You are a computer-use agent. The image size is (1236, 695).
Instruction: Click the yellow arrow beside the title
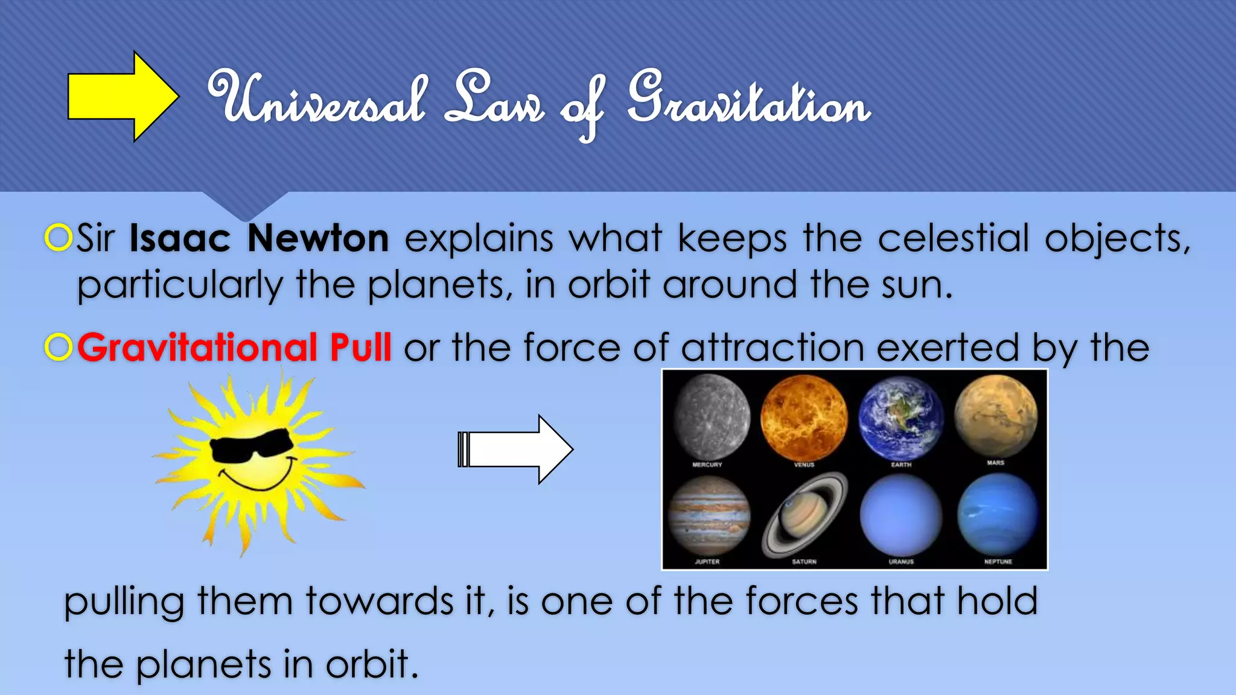(121, 97)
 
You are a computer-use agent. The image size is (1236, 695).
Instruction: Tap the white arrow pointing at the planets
(516, 449)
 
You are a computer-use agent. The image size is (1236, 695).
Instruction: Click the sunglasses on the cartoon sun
(252, 447)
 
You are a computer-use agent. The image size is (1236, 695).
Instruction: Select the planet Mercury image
(711, 416)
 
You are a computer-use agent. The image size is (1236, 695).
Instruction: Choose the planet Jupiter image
(709, 516)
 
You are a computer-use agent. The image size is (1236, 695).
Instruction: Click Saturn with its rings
(804, 515)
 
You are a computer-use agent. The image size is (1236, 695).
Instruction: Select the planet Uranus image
(900, 515)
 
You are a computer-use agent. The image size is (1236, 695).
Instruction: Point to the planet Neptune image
(997, 515)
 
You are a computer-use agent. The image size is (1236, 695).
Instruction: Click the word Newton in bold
(318, 238)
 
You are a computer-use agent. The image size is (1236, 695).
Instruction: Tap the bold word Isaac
(180, 238)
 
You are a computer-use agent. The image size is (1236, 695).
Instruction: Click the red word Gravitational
(197, 348)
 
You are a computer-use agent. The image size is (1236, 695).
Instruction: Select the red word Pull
(361, 348)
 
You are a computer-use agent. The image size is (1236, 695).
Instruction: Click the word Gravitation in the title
(748, 103)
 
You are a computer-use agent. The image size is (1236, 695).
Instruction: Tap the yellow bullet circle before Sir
(59, 238)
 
